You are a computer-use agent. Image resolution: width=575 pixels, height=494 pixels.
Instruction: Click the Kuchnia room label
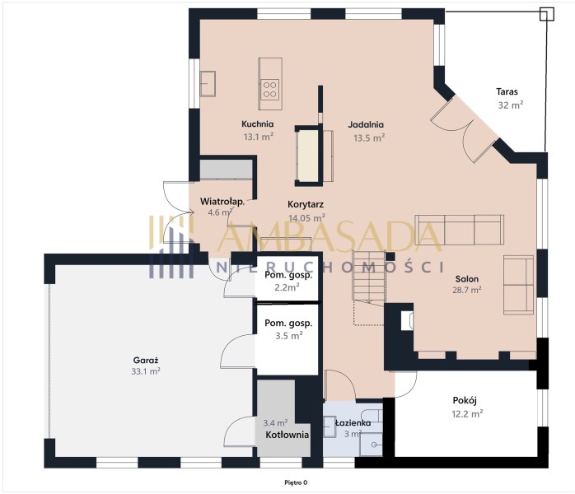(257, 123)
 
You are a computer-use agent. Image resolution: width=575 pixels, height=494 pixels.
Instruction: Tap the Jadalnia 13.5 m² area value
(369, 137)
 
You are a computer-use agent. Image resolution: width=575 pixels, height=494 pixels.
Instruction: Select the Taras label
(507, 91)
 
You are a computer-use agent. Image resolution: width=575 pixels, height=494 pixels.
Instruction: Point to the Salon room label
(467, 279)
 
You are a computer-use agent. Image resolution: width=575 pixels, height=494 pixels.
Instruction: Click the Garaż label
(146, 360)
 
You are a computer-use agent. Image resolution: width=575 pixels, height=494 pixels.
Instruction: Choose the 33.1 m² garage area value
(146, 371)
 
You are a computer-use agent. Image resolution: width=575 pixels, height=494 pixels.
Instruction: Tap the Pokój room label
(465, 400)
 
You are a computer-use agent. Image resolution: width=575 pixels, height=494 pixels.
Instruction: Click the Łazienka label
(353, 423)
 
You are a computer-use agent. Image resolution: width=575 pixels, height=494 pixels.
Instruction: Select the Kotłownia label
(287, 435)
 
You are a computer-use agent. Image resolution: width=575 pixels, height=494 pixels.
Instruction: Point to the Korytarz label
(306, 204)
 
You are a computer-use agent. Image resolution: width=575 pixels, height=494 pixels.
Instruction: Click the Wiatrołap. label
(222, 201)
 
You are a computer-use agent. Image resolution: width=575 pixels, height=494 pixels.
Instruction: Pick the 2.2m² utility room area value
(287, 287)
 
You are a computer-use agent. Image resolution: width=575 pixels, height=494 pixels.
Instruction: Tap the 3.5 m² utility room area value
(289, 335)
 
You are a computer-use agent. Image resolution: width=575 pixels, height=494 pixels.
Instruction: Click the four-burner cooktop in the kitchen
(269, 90)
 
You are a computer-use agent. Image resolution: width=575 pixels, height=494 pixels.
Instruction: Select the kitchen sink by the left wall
(208, 83)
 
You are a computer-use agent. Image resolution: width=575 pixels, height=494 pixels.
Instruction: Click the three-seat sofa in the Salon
(460, 230)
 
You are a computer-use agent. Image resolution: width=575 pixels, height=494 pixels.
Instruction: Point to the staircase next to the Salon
(369, 277)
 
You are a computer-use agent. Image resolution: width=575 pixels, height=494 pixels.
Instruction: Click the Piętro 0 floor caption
(296, 482)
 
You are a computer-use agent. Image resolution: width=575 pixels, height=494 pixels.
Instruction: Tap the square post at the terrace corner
(547, 14)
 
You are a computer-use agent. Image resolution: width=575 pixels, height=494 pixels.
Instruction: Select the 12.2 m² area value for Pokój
(467, 414)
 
